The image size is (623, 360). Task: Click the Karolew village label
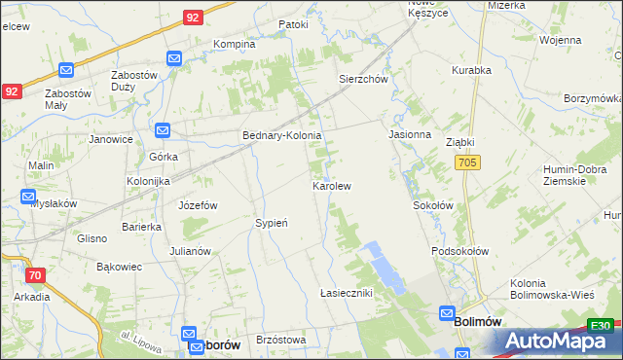tap(331, 185)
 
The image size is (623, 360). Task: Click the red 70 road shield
tap(36, 275)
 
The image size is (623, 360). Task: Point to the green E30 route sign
tap(602, 326)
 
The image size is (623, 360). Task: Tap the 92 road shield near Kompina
tap(193, 18)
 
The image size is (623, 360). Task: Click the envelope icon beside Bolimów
tap(446, 314)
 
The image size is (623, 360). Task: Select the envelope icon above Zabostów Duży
tap(174, 59)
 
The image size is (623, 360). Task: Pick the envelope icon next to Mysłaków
tap(28, 197)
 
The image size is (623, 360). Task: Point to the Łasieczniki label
tap(347, 293)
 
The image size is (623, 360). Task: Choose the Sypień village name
tap(272, 223)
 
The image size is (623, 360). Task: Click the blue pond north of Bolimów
tap(382, 267)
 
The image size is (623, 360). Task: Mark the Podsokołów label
tap(459, 251)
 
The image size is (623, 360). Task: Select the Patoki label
tap(293, 24)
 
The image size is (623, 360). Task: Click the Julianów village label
tap(190, 251)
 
